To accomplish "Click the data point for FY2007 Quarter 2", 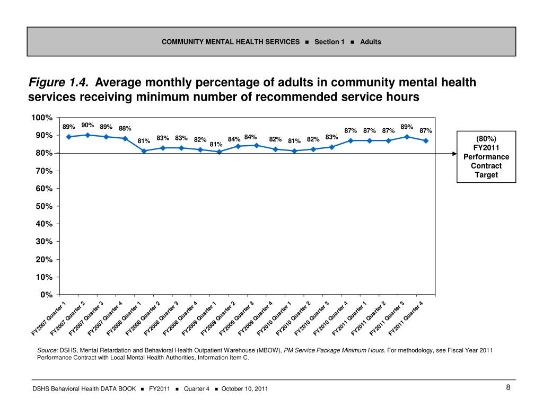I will pyautogui.click(x=87, y=135).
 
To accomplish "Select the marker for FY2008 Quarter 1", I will pyautogui.click(x=144, y=151).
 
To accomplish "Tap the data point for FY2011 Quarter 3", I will pyautogui.click(x=407, y=137).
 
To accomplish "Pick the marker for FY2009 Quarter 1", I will pyautogui.click(x=219, y=152).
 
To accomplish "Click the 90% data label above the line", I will pyautogui.click(x=87, y=126).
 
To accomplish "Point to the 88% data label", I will pyautogui.click(x=125, y=128).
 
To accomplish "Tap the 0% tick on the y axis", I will pyautogui.click(x=47, y=295).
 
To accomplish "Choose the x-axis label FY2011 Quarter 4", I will pyautogui.click(x=407, y=318).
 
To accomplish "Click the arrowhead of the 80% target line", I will pyautogui.click(x=454, y=154).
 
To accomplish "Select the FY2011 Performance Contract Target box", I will pyautogui.click(x=486, y=156).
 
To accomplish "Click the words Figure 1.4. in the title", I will pyautogui.click(x=59, y=83).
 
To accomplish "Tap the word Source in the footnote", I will pyautogui.click(x=47, y=350).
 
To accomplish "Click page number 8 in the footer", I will pyautogui.click(x=508, y=388).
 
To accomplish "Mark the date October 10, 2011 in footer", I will pyautogui.click(x=244, y=389).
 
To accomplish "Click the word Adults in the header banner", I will pyautogui.click(x=371, y=42).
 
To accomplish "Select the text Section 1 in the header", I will pyautogui.click(x=329, y=42).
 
